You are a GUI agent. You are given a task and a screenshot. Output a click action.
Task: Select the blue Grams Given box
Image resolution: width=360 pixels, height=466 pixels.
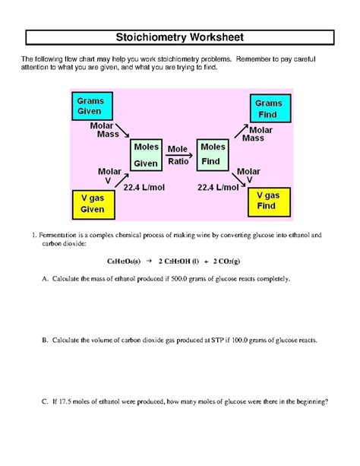click(91, 106)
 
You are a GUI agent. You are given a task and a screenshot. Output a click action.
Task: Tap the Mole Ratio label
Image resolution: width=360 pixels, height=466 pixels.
click(178, 154)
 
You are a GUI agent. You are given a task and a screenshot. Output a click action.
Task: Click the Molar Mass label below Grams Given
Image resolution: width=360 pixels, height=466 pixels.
click(103, 129)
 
